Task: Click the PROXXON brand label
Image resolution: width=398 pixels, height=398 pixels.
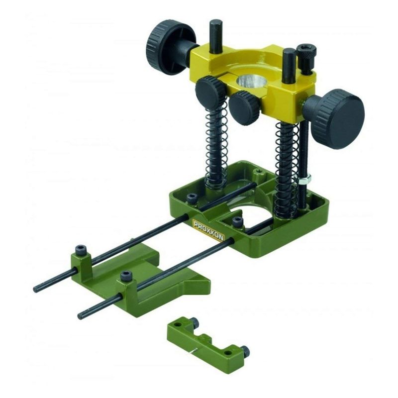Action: click(208, 230)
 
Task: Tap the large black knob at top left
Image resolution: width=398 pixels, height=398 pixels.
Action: click(170, 47)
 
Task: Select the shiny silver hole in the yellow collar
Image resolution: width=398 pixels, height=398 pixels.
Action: click(250, 82)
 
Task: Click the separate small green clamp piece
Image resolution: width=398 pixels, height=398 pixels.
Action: click(208, 342)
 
